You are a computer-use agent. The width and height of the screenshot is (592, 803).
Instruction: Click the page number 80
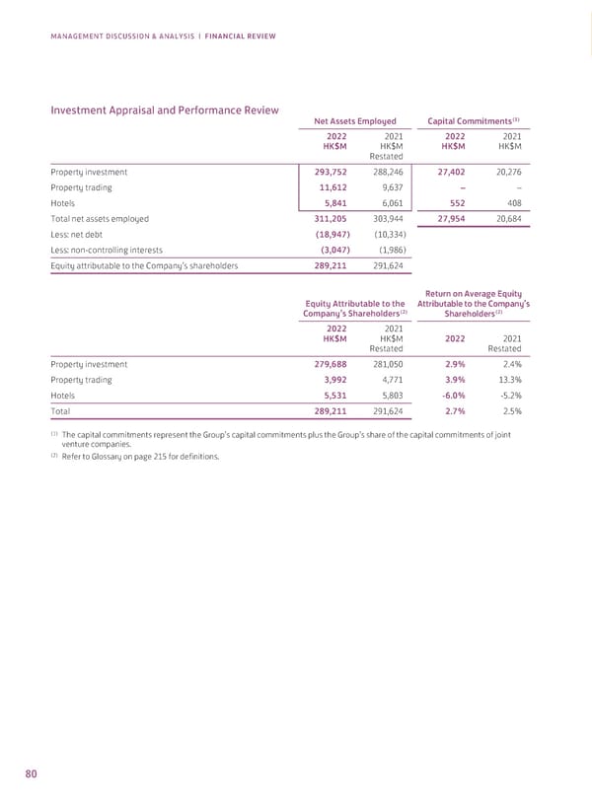31,774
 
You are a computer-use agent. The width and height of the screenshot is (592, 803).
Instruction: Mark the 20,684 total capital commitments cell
505,219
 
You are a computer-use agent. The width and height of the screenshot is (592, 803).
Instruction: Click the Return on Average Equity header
474,292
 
